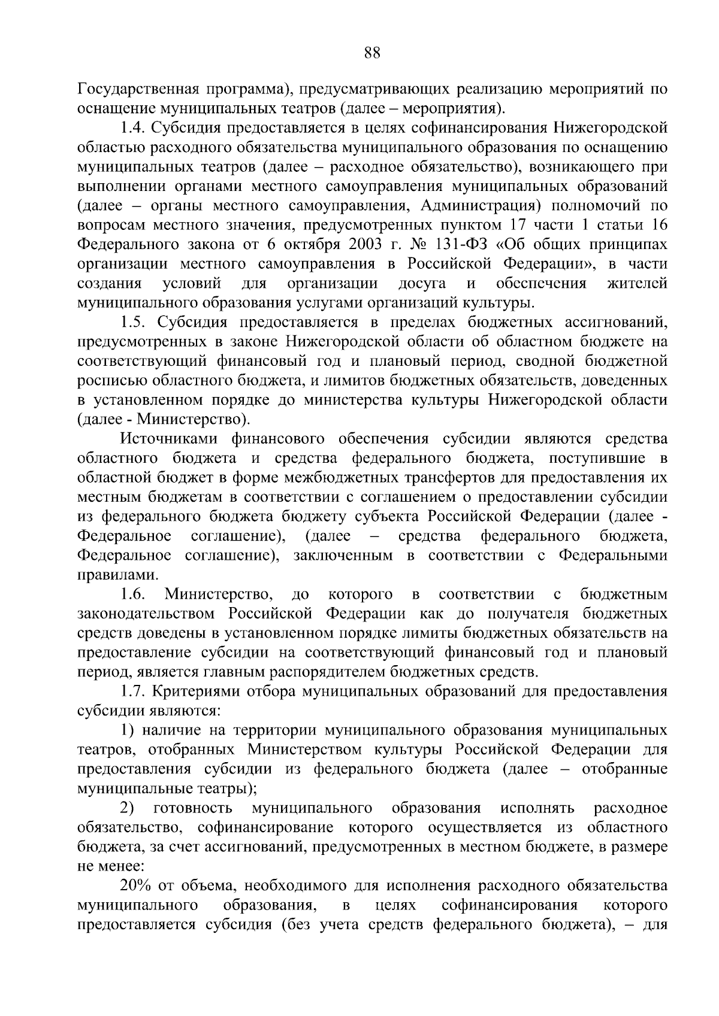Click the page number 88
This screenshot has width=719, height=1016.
click(372, 53)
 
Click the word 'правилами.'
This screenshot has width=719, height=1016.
click(110, 575)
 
